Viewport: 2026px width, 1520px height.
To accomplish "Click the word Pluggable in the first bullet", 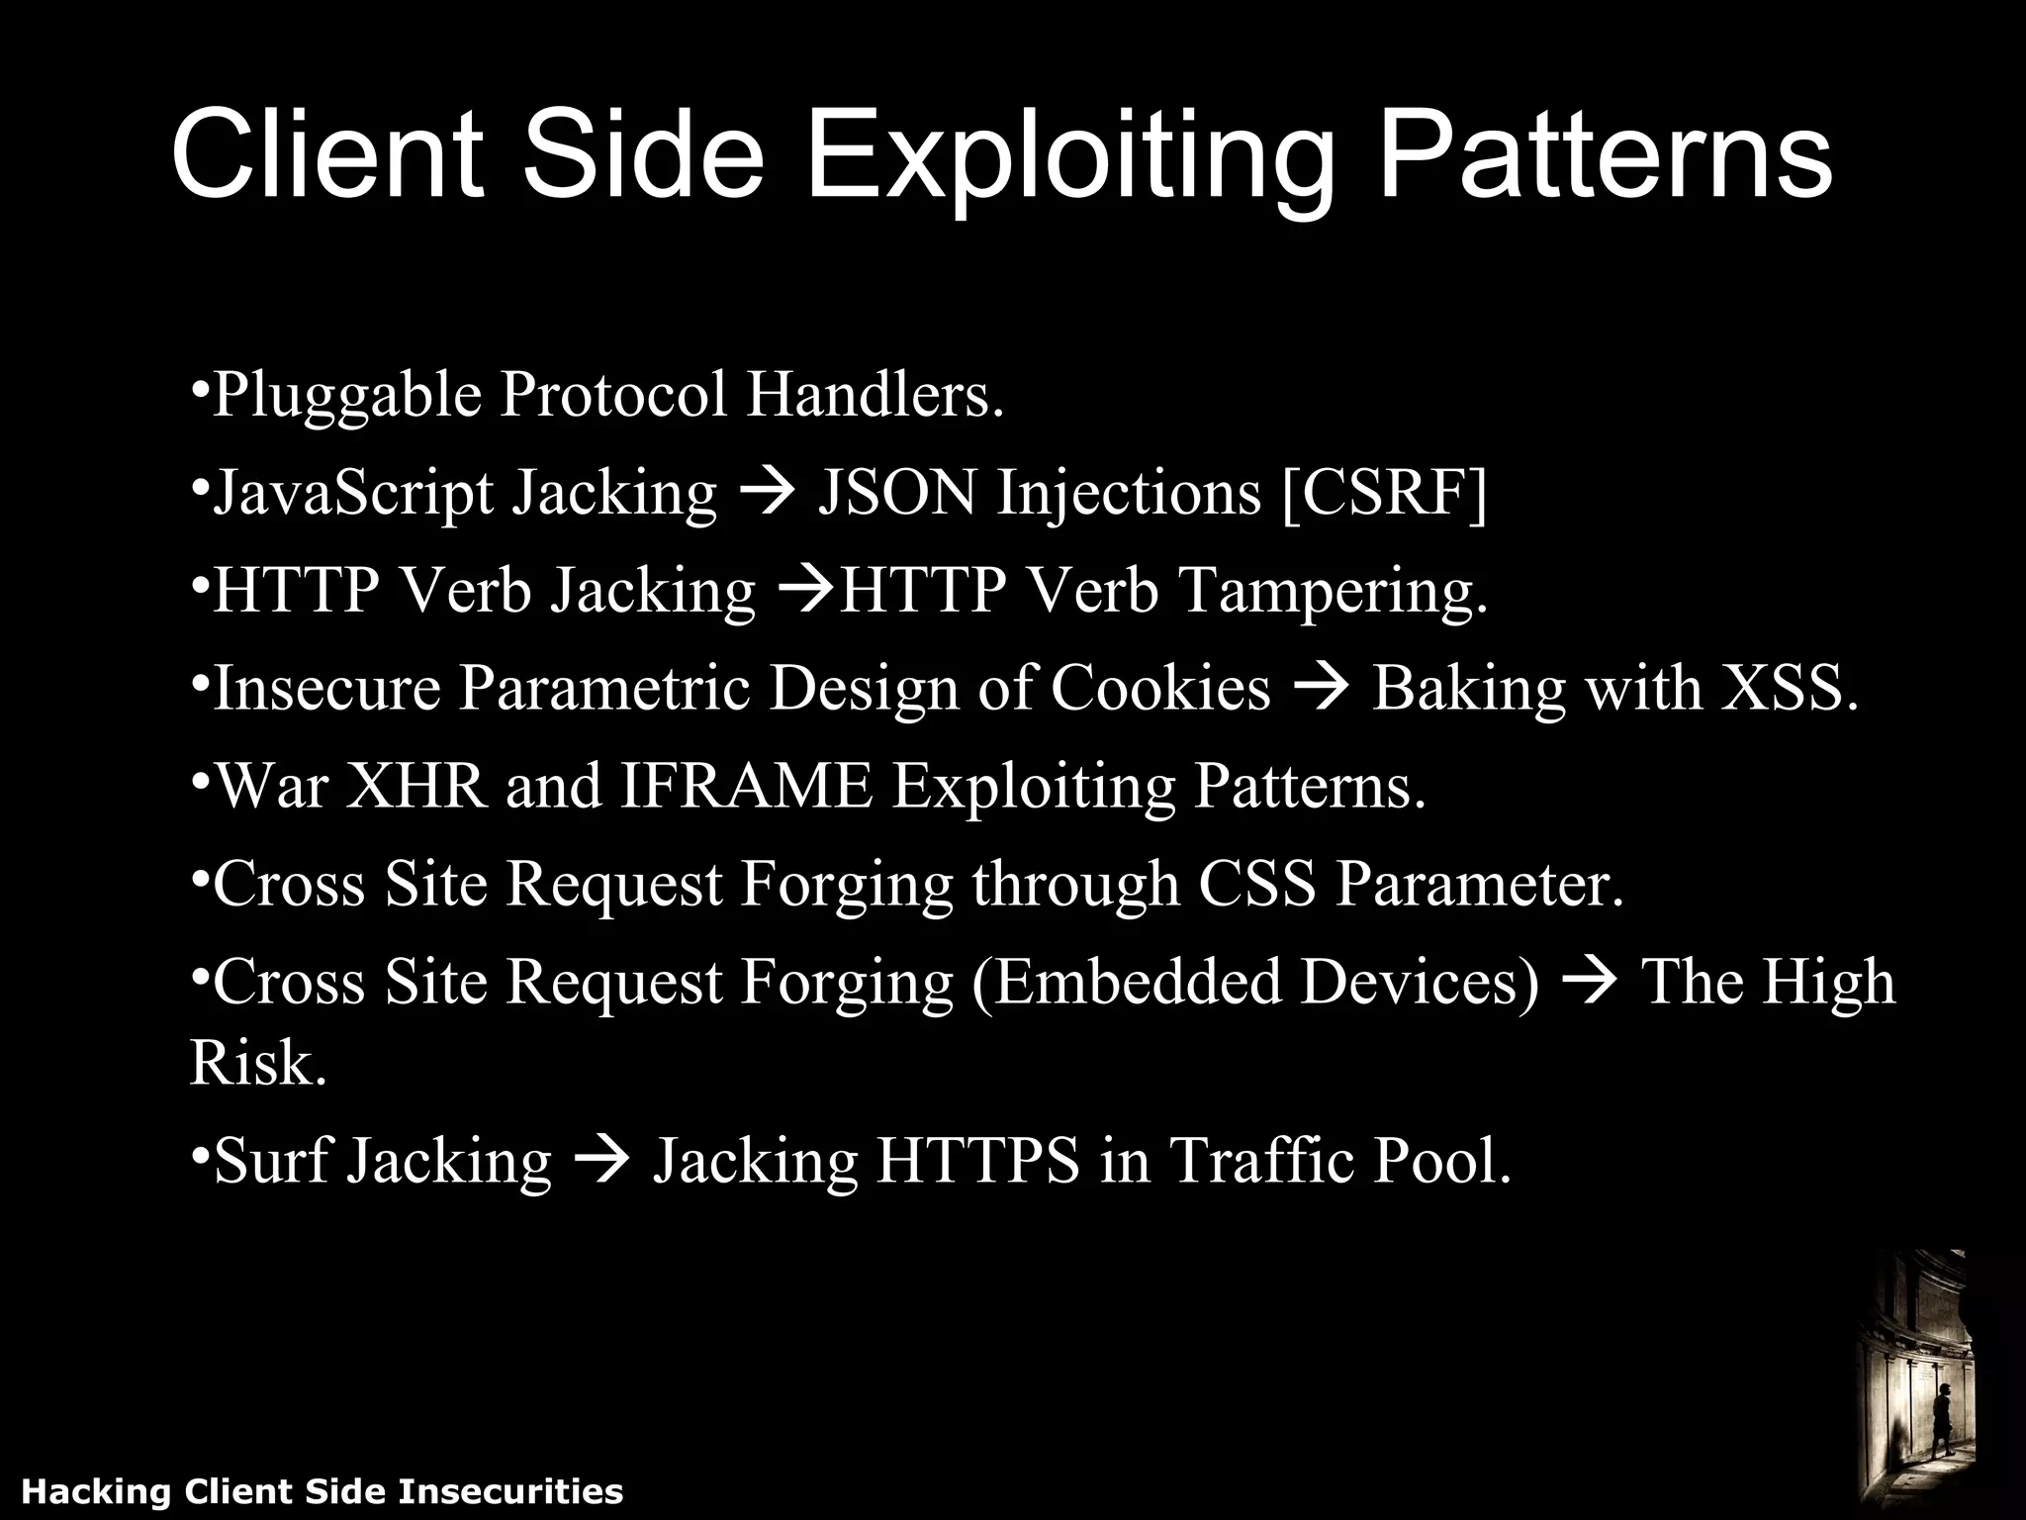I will point(347,395).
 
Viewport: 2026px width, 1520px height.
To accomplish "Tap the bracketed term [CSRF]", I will point(1384,493).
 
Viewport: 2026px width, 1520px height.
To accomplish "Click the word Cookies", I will point(1159,689).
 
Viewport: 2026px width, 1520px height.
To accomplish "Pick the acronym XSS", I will point(1789,689).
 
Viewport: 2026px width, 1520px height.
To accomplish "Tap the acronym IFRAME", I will point(747,787).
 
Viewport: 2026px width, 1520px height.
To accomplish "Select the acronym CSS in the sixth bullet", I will point(1257,884).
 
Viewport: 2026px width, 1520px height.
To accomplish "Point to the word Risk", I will point(257,1064).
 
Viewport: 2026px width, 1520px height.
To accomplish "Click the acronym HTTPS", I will point(977,1161).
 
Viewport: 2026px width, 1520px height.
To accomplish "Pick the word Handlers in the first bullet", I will point(875,395).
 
